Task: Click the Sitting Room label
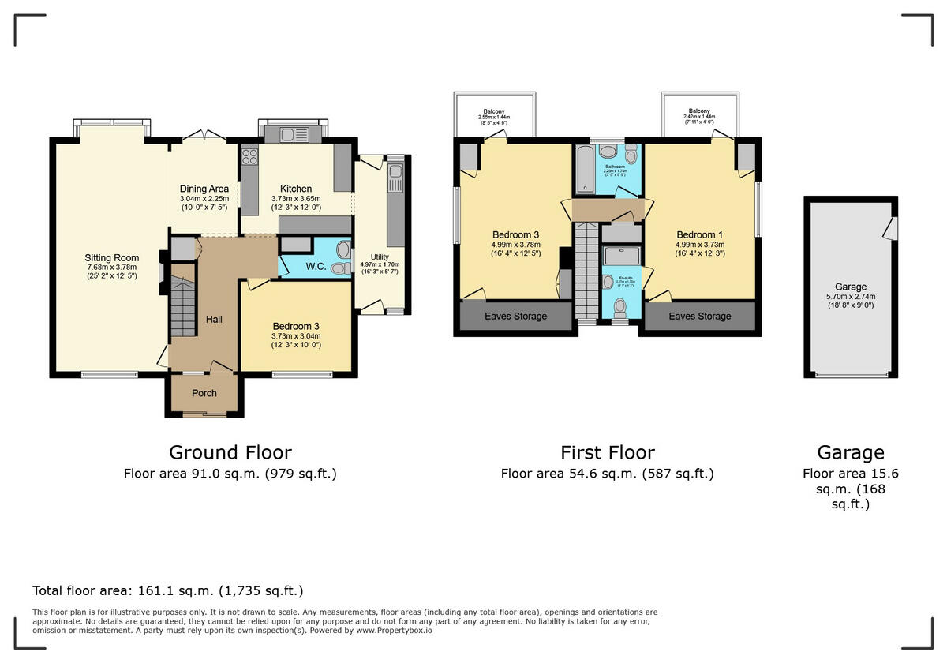pos(112,257)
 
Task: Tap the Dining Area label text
pos(204,189)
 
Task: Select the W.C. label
pos(316,268)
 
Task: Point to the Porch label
pos(204,393)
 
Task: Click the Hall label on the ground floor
pos(214,320)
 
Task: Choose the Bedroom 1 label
pos(699,234)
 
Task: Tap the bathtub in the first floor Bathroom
pos(586,169)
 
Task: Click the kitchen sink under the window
pos(292,135)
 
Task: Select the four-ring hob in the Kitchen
pos(250,155)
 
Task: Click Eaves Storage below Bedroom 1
pos(700,317)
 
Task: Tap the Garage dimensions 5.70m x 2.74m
pos(851,297)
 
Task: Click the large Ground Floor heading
pos(230,452)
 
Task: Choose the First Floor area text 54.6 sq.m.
pos(607,474)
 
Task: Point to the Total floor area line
pos(167,590)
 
